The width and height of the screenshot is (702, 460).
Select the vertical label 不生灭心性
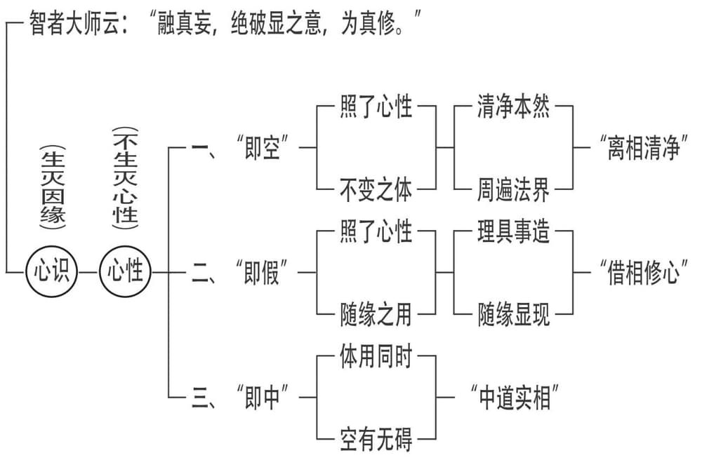(125, 178)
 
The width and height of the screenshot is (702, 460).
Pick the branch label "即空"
(263, 148)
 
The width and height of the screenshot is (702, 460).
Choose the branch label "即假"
(263, 272)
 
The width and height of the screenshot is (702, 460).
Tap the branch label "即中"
(263, 398)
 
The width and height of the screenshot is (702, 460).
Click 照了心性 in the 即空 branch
(376, 109)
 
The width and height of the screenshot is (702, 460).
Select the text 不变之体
(376, 190)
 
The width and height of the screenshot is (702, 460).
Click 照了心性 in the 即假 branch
(376, 231)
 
